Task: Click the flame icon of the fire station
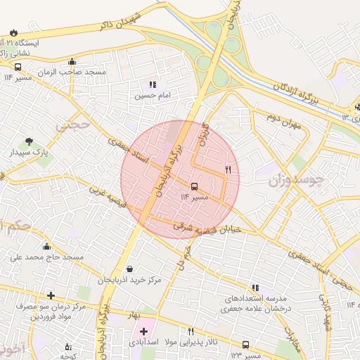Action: pyautogui.click(x=15, y=32)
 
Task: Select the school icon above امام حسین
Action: pyautogui.click(x=153, y=84)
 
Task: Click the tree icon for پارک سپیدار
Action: pyautogui.click(x=30, y=141)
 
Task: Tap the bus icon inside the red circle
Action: pyautogui.click(x=194, y=186)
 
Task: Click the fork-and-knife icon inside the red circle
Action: pyautogui.click(x=228, y=170)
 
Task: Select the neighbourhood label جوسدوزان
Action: pyautogui.click(x=295, y=180)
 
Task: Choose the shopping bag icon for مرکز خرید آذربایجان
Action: pyautogui.click(x=129, y=269)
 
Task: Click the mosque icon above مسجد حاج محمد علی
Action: pyautogui.click(x=46, y=246)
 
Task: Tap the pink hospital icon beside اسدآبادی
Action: pyautogui.click(x=144, y=330)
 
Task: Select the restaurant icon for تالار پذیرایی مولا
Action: pyautogui.click(x=191, y=330)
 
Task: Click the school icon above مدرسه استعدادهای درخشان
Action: pyautogui.click(x=255, y=287)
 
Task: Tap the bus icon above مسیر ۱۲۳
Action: pyautogui.click(x=245, y=345)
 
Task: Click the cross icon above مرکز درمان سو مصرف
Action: pyautogui.click(x=50, y=295)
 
